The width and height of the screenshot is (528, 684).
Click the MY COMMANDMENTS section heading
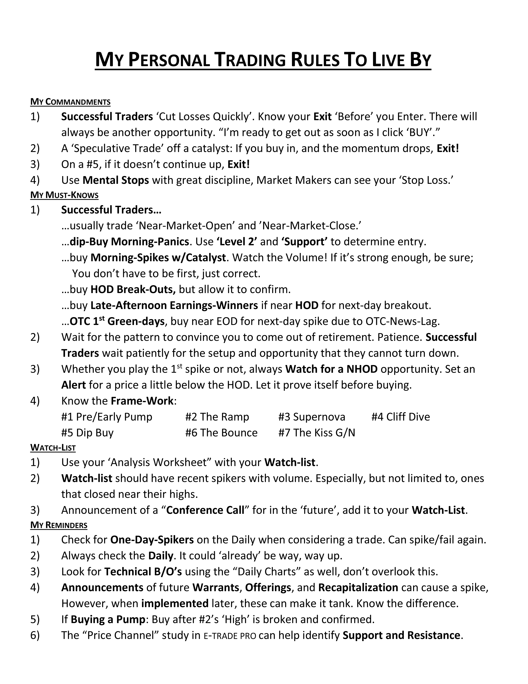click(70, 102)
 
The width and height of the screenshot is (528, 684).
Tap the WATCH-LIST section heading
click(53, 448)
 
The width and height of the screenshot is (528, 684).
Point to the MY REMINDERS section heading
click(59, 525)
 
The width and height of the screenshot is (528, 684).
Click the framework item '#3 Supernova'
click(312, 417)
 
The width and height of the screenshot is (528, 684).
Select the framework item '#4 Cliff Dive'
click(400, 417)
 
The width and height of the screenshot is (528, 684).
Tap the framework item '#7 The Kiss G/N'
click(317, 433)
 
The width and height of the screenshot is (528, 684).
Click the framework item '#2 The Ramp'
click(217, 417)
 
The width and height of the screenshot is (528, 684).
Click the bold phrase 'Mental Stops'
click(116, 180)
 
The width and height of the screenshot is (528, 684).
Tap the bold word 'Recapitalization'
click(358, 588)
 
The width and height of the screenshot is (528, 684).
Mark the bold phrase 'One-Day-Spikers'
click(152, 540)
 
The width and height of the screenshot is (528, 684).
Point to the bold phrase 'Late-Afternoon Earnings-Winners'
click(174, 305)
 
